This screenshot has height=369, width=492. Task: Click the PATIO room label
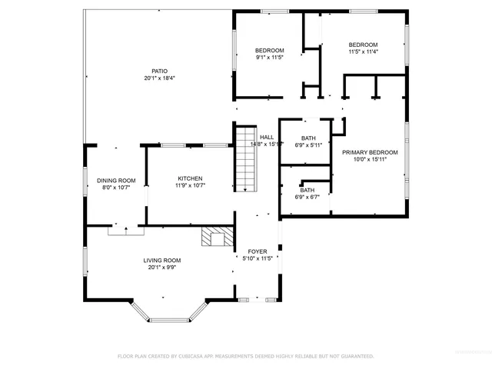[159, 71]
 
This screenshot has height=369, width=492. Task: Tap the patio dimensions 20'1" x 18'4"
[159, 78]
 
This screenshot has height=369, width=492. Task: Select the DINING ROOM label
[116, 181]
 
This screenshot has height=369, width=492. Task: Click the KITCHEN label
[190, 178]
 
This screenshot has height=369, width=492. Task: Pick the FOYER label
[256, 252]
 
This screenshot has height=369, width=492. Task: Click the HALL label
[267, 138]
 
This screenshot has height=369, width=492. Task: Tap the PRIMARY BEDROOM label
[370, 152]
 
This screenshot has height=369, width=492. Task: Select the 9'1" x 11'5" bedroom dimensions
[270, 58]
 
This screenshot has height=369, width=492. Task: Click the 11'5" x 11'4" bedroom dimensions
[363, 52]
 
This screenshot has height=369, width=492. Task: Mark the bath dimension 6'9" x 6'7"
[307, 197]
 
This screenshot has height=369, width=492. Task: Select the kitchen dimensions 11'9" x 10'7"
[190, 185]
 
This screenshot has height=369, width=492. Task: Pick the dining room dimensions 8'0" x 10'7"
[116, 188]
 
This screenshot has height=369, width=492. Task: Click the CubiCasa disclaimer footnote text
[245, 356]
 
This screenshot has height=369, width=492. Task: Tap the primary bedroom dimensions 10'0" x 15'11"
[370, 160]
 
